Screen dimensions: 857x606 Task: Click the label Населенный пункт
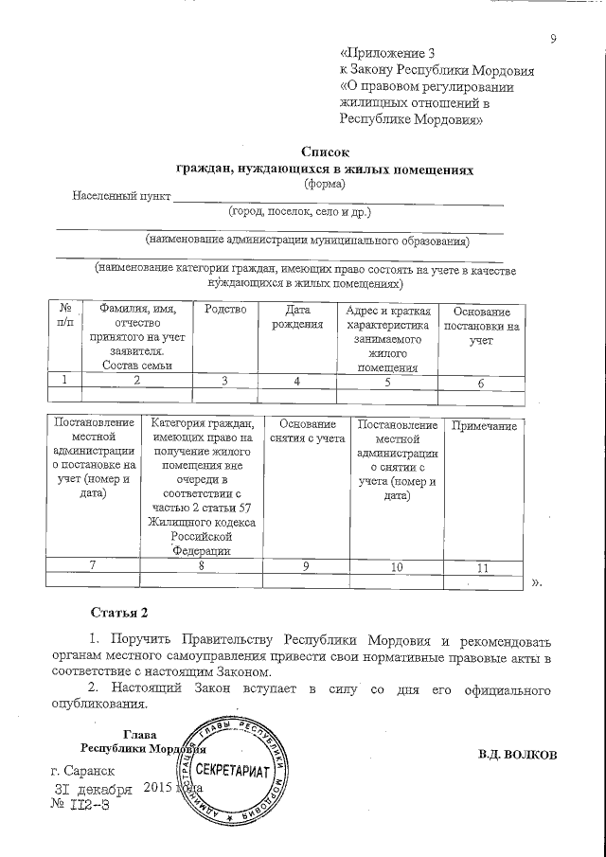[121, 197]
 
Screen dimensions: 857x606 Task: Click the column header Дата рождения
[297, 318]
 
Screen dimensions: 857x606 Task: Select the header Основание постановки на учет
[481, 327]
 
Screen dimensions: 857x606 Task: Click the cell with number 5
[386, 381]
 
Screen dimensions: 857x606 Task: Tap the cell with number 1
[65, 381]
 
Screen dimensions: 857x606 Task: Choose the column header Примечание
[484, 427]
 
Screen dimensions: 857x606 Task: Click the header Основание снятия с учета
[308, 433]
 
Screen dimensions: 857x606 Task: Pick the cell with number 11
[482, 567]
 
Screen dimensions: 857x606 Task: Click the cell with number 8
[201, 566]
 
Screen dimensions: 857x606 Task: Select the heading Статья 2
[118, 608]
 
